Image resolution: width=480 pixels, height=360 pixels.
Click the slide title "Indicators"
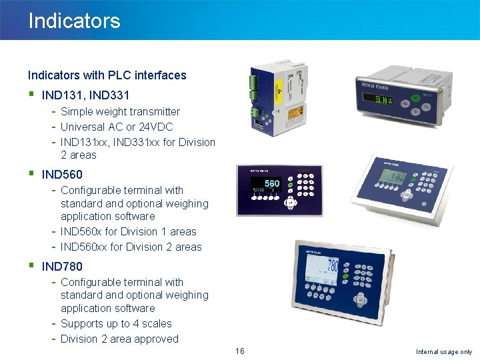pyautogui.click(x=74, y=21)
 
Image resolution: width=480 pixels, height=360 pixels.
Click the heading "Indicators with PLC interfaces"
pyautogui.click(x=107, y=75)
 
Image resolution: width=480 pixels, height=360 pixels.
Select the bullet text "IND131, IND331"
pyautogui.click(x=85, y=95)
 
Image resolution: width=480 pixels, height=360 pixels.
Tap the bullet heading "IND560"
pyautogui.click(x=62, y=175)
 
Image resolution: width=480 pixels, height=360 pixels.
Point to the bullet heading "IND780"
pyautogui.click(x=62, y=267)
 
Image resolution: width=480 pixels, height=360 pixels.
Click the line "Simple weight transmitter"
pyautogui.click(x=120, y=112)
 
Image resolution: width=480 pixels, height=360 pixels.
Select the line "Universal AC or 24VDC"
pyautogui.click(x=117, y=127)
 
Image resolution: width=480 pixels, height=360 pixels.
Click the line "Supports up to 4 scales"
pyautogui.click(x=116, y=324)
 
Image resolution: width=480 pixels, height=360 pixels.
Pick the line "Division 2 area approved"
pyautogui.click(x=119, y=339)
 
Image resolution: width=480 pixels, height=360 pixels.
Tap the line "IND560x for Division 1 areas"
pyautogui.click(x=128, y=232)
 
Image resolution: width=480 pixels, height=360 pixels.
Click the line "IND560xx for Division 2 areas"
pyautogui.click(x=131, y=247)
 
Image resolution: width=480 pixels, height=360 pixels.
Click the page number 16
pyautogui.click(x=240, y=351)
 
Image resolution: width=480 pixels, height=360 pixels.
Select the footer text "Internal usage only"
pyautogui.click(x=443, y=352)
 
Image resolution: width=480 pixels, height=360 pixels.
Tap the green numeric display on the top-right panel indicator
pyautogui.click(x=382, y=101)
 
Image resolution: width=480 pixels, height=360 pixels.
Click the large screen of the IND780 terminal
pyautogui.click(x=323, y=273)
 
